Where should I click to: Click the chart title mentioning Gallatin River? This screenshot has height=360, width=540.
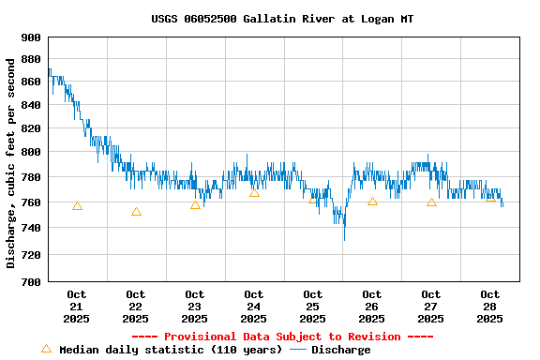tap(281, 19)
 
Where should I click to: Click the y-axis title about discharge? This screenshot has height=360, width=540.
tap(11, 163)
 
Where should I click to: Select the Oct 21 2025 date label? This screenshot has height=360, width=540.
tap(77, 307)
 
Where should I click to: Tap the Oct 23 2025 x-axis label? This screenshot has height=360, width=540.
tap(195, 307)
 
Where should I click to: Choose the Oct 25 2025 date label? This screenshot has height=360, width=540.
tap(313, 307)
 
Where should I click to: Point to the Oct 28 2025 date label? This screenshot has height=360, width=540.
tap(490, 307)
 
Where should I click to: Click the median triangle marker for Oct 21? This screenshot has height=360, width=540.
tap(77, 206)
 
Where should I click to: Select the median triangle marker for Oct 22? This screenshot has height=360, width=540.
tap(136, 212)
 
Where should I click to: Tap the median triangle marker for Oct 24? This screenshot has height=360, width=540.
tap(254, 192)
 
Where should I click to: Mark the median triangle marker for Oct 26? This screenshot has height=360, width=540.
tap(372, 202)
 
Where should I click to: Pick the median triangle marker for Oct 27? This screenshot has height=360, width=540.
tap(431, 202)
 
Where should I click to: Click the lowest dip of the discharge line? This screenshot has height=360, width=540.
tap(344, 239)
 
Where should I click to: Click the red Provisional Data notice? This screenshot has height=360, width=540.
tap(282, 337)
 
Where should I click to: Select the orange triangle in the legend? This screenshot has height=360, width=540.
tap(46, 349)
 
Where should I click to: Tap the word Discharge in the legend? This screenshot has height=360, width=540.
tap(340, 350)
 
